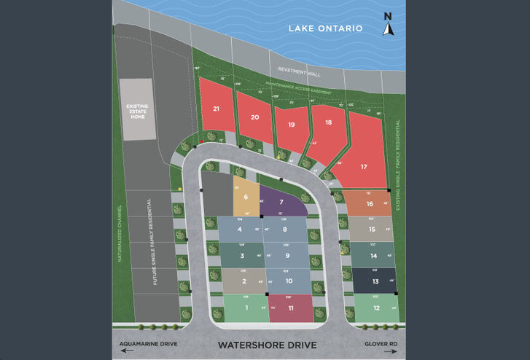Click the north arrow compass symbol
[x=389, y=25]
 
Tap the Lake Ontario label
[x=325, y=28]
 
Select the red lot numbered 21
[x=216, y=109]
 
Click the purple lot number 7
[x=281, y=202]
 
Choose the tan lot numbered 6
[x=246, y=196]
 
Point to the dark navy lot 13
[x=375, y=281]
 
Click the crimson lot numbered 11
[x=291, y=308]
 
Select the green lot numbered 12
[x=375, y=308]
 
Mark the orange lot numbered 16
[x=370, y=203]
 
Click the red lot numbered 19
[x=290, y=125]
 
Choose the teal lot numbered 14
[x=373, y=255]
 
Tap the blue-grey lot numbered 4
[x=239, y=229]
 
